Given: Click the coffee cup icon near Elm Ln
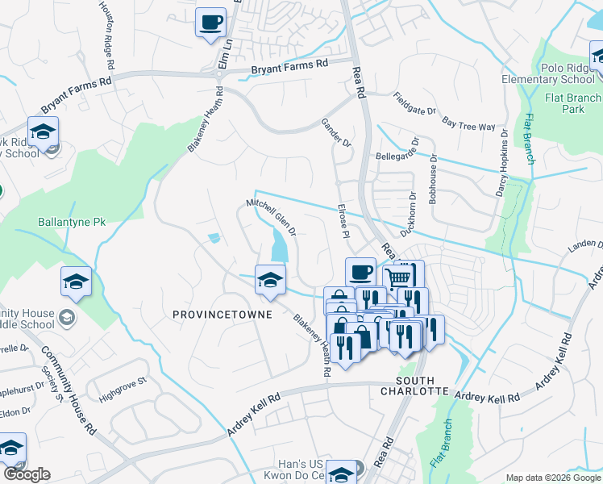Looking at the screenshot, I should pos(211,23).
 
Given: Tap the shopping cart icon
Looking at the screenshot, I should pos(397,277).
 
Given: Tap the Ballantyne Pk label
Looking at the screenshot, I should pos(72,221).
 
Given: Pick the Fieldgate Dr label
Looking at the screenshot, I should pos(404,102).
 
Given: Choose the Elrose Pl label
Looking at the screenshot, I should pos(343,219).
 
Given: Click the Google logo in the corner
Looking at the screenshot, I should pos(27,474).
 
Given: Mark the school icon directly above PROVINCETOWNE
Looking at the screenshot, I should pos(270,279).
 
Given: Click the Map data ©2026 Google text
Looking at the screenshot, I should pos(553,477).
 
